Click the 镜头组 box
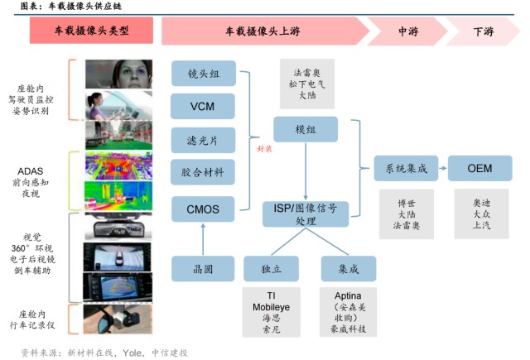pos(203,73)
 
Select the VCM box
pos(203,107)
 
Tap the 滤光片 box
pos(203,140)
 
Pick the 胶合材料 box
pos(203,173)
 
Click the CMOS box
pos(203,209)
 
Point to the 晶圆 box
pos(203,268)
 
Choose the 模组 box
pos(306,130)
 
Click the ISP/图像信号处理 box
pos(306,214)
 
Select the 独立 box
pos(270,268)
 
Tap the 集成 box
pos(348,268)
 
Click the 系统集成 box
pos(406,168)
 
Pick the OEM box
pos(479,168)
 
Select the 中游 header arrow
pos(407,31)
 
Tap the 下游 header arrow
pos(483,31)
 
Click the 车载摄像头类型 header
pos(92,31)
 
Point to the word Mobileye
pos(270,305)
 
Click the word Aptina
pos(348,295)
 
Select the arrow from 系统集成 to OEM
pos(442,168)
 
